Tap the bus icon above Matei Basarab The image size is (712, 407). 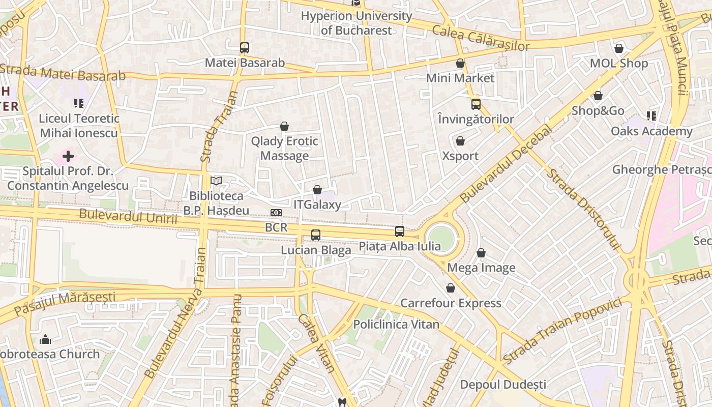(245, 48)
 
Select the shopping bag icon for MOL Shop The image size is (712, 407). (619, 48)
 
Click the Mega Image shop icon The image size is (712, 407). (481, 253)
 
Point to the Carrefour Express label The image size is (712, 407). (451, 303)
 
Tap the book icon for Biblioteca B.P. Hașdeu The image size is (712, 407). (216, 181)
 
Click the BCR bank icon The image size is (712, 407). (276, 213)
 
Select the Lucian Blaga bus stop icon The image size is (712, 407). (316, 235)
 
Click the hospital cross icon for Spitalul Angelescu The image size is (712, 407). (68, 156)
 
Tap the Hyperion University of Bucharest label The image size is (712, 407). (356, 23)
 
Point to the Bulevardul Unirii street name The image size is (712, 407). (128, 216)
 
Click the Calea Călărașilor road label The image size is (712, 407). (481, 38)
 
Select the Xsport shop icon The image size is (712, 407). (460, 141)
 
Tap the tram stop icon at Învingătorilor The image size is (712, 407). (476, 104)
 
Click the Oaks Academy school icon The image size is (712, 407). (651, 116)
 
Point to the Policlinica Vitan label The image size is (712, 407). (396, 324)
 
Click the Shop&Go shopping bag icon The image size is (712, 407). (598, 96)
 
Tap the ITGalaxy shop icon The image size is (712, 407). (317, 190)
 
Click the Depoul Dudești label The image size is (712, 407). (503, 384)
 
